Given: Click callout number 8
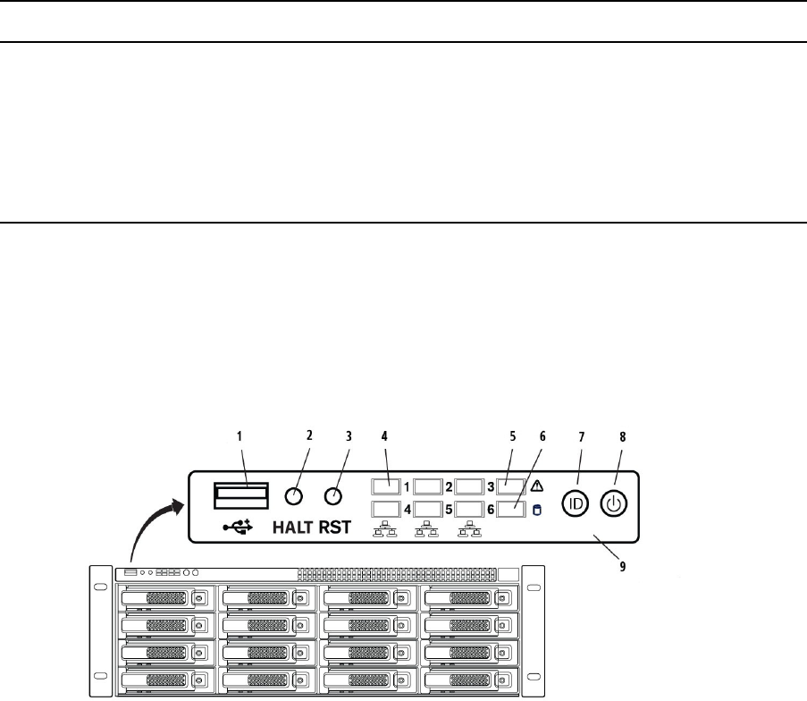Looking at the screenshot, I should point(622,436).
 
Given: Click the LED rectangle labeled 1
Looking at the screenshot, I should point(386,488).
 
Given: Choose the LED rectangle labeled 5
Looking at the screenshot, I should point(429,510).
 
